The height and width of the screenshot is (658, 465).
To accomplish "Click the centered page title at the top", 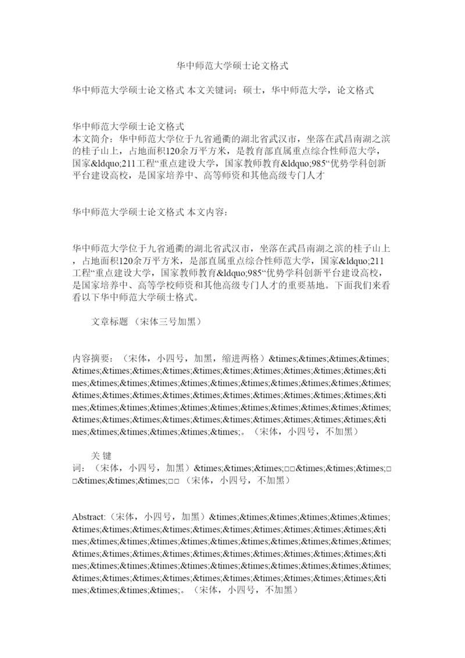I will click(233, 66).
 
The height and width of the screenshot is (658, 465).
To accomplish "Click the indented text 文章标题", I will click(110, 321).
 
